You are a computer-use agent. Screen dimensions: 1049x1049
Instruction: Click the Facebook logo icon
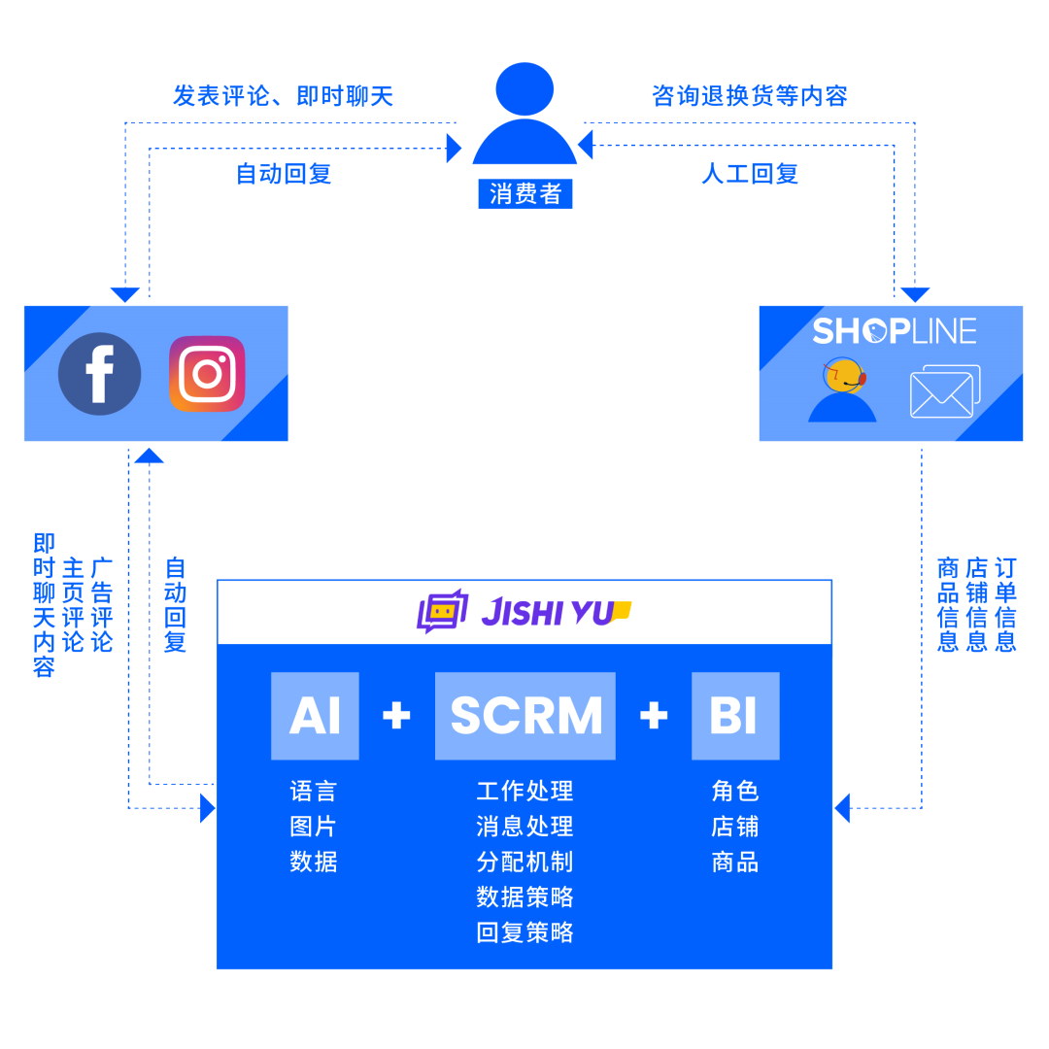(99, 374)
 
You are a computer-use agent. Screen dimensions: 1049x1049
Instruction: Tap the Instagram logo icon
(207, 374)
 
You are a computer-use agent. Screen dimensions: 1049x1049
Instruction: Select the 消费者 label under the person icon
(525, 193)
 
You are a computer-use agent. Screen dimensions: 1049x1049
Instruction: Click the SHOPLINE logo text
(894, 331)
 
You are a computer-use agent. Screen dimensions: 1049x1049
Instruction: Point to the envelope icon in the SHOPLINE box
(944, 391)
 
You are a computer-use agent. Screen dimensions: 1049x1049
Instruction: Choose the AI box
(315, 716)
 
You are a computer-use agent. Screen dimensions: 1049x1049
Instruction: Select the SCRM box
(525, 716)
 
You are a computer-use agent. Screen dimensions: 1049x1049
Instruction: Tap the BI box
(735, 716)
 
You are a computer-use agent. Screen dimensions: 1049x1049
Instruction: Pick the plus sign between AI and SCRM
(396, 716)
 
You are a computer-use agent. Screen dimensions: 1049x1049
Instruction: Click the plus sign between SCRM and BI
(654, 716)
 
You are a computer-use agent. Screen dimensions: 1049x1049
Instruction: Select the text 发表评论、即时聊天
(283, 96)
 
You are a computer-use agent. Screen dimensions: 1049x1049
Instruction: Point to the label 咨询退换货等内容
(750, 96)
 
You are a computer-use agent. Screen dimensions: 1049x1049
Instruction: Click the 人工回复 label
(750, 174)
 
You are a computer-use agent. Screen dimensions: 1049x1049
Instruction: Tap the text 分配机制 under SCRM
(524, 862)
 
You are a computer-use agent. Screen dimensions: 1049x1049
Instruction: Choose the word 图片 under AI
(313, 827)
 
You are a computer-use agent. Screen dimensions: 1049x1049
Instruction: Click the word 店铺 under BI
(734, 827)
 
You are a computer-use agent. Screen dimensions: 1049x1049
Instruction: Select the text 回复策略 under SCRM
(524, 932)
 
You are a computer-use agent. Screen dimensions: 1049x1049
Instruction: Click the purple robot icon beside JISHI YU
(442, 612)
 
